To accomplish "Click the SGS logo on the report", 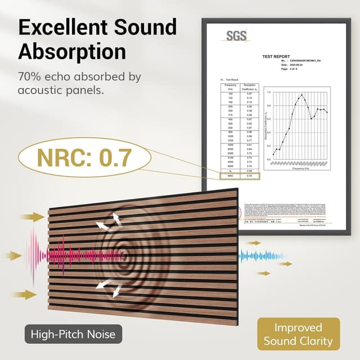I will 237,36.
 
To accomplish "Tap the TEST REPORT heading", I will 276,57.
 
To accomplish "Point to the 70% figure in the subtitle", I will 29,76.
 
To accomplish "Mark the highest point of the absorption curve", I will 302,94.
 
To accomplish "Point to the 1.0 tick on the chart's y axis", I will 268,92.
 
